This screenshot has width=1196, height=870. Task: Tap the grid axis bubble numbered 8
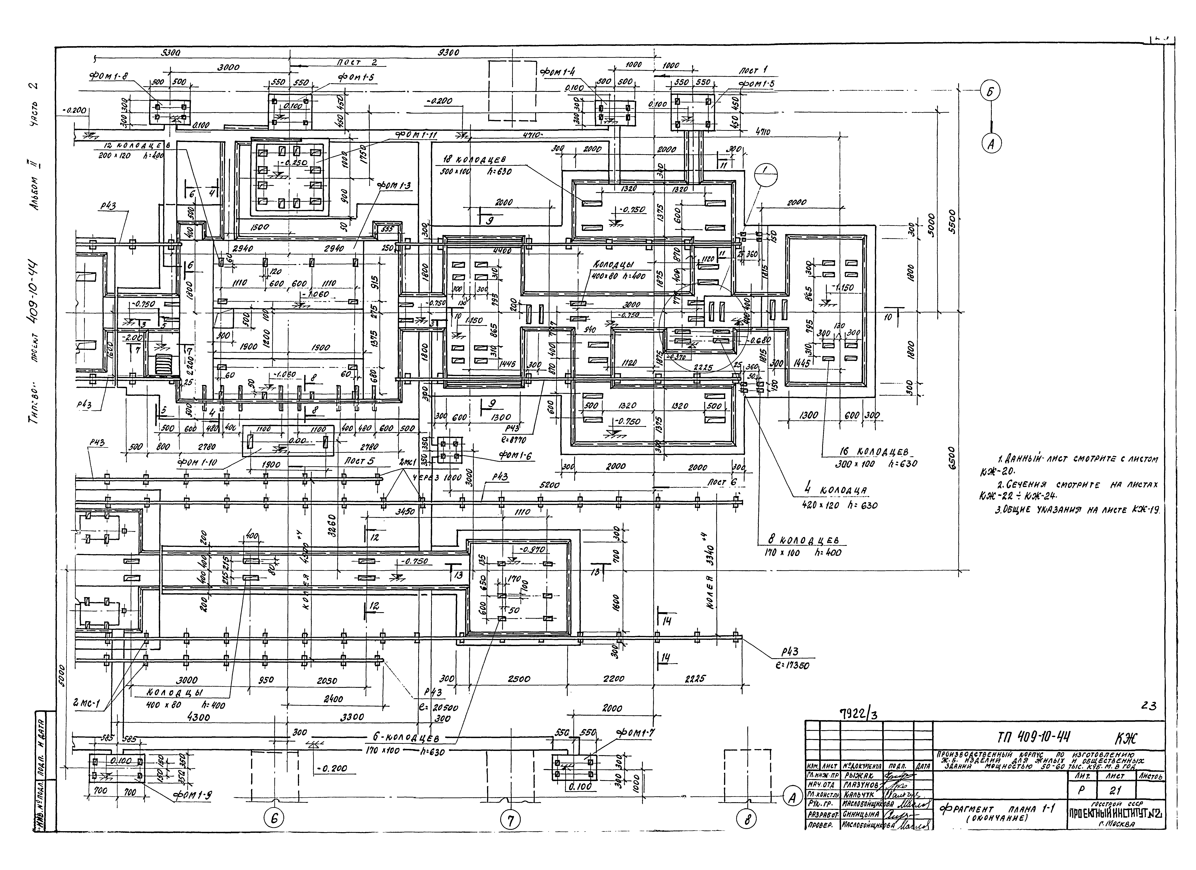[x=747, y=819]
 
